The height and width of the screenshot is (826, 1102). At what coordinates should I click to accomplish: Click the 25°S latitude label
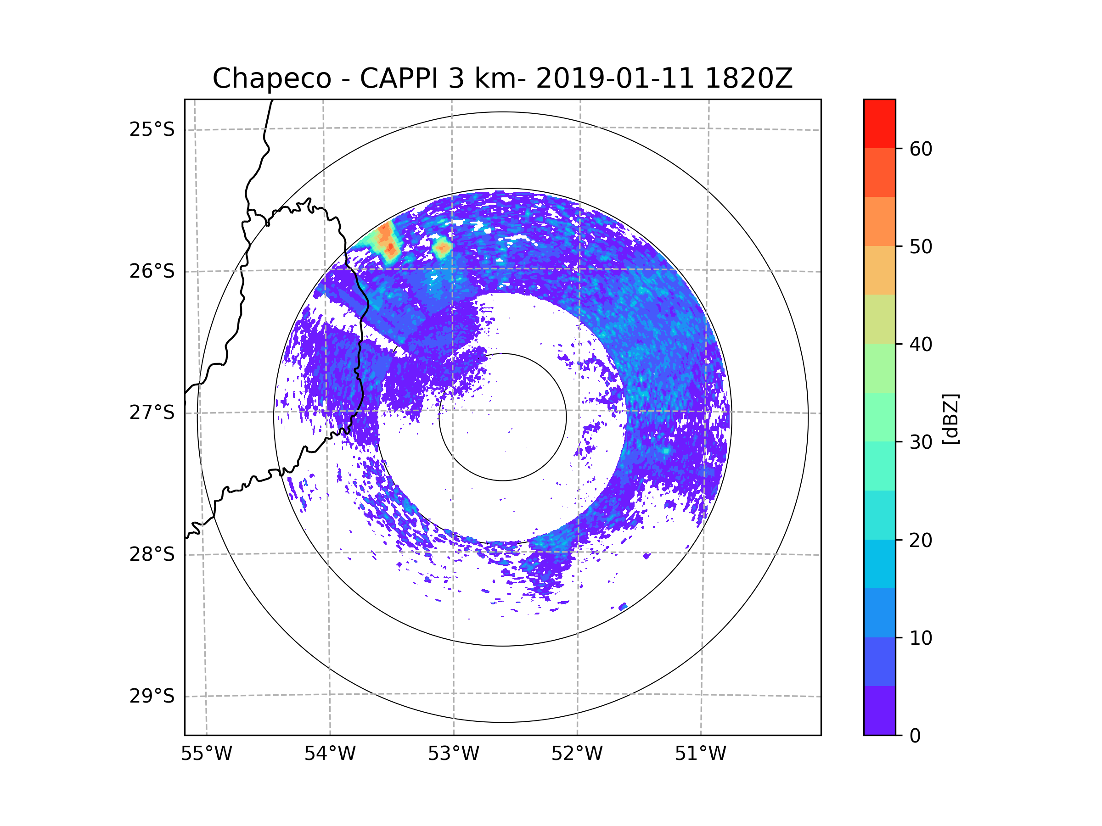coord(152,129)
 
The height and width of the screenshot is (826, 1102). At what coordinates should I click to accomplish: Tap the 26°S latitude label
coord(152,271)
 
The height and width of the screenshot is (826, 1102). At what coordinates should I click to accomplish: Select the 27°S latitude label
coord(152,413)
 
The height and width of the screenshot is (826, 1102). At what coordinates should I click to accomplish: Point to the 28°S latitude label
coord(152,554)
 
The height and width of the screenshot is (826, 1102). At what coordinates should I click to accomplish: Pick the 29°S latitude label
coord(152,696)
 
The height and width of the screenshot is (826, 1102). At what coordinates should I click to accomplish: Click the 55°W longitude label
coord(206,754)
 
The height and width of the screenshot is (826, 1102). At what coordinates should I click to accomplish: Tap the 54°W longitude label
coord(330,754)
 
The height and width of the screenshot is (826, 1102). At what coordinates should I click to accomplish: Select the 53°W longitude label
coord(453,754)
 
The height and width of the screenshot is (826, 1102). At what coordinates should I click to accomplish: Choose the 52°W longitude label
coord(577,754)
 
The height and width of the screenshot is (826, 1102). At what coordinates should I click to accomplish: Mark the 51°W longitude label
coord(700,754)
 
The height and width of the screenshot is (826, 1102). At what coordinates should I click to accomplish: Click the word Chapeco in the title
coord(272,78)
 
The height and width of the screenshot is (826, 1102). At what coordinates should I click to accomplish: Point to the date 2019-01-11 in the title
coord(615,78)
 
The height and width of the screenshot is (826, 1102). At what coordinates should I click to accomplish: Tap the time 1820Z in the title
coord(748,78)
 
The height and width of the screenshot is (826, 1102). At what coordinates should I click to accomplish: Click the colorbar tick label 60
coord(921,149)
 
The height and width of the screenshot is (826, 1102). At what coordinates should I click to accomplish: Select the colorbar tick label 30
coord(921,442)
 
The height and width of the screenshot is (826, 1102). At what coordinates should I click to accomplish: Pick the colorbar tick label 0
coord(915,736)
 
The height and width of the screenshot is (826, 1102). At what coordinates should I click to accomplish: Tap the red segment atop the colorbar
coord(879,123)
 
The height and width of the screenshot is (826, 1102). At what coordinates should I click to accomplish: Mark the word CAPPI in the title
coord(400,78)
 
